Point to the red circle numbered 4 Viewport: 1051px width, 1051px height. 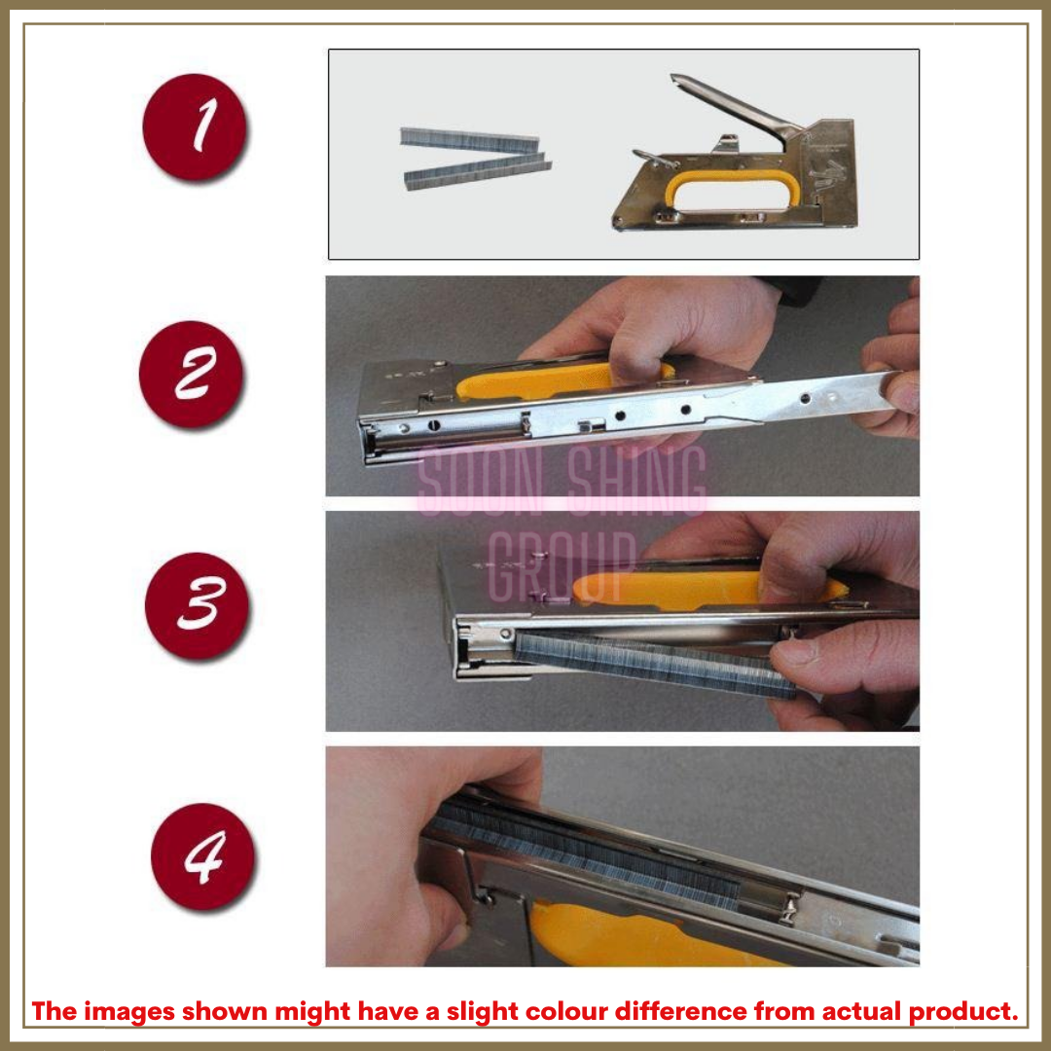tap(203, 856)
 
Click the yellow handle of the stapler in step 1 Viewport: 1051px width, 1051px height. tap(725, 181)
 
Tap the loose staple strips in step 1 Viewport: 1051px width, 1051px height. tap(474, 157)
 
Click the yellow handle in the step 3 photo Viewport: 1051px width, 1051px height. tap(681, 587)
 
